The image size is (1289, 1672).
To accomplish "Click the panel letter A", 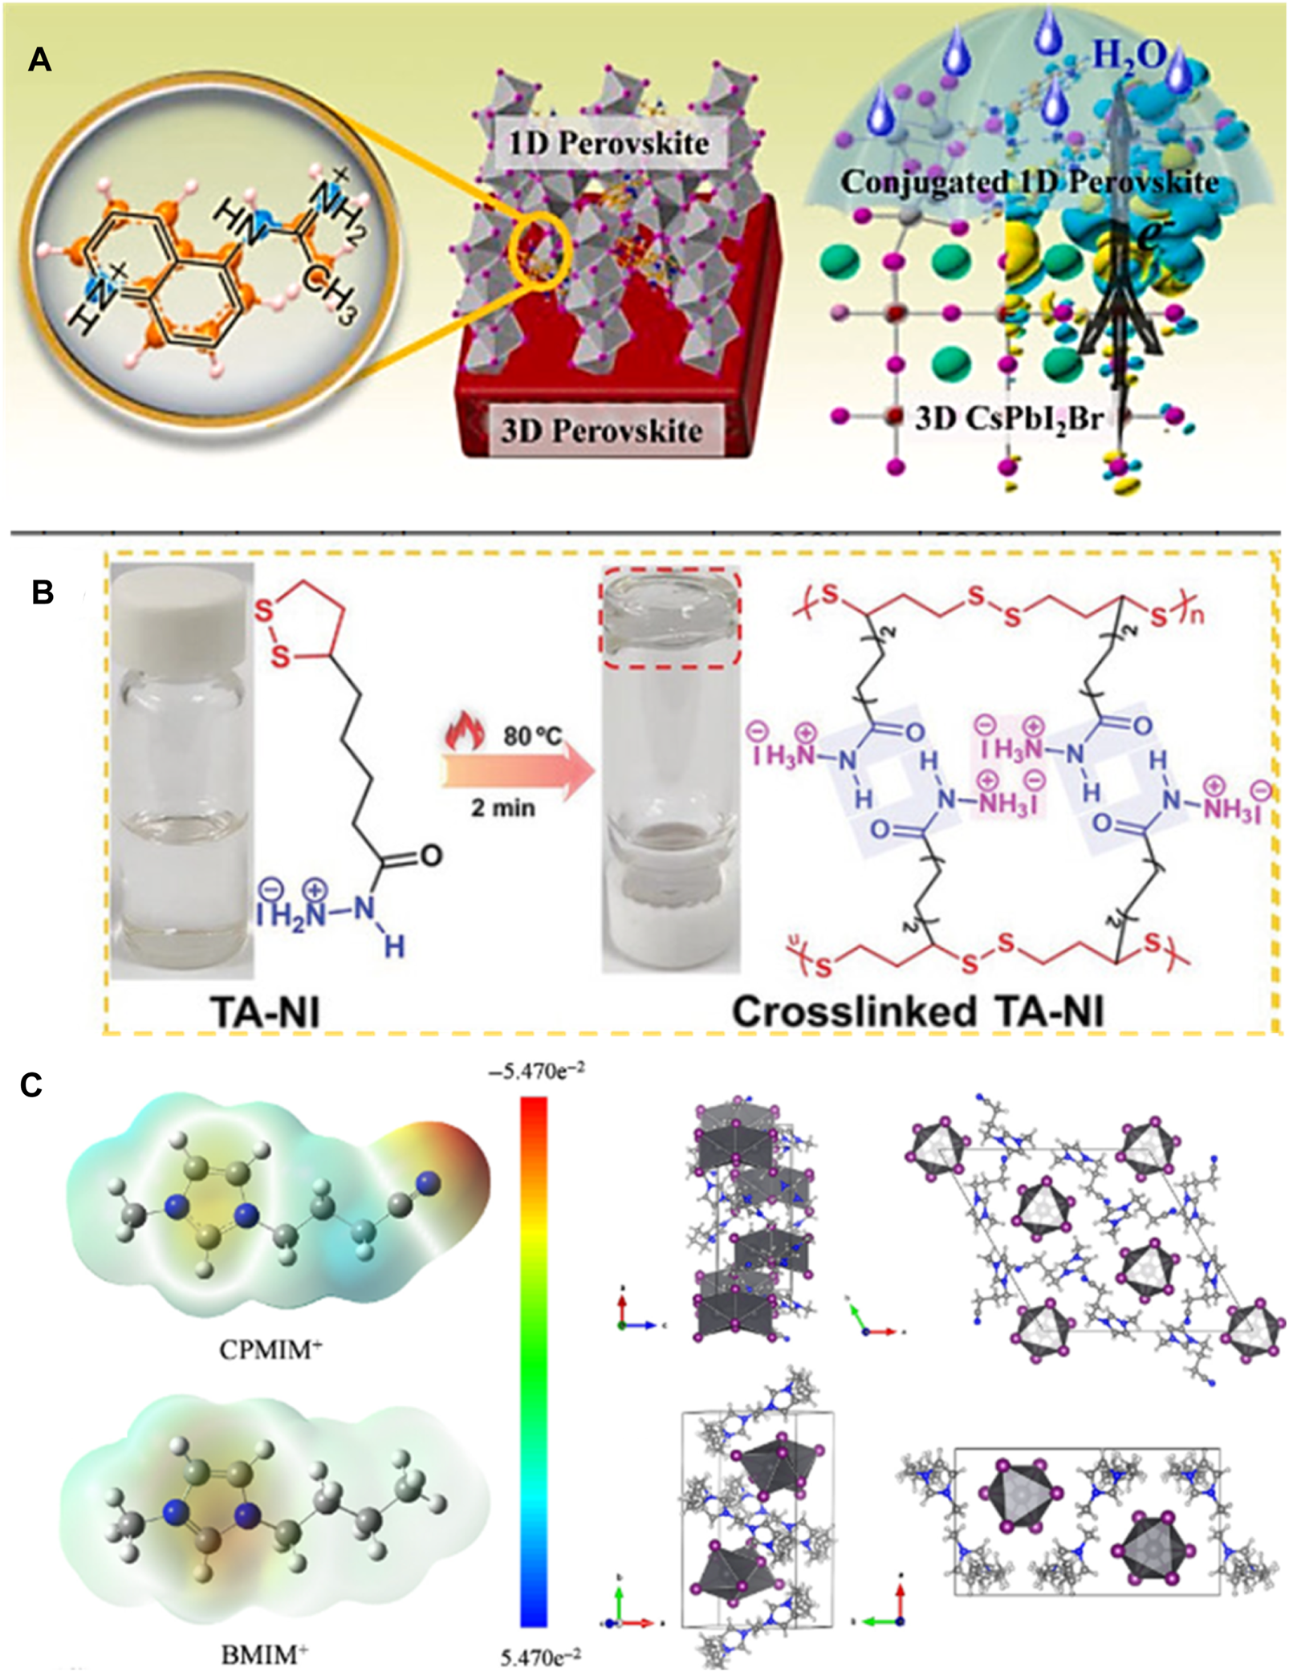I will click(x=39, y=60).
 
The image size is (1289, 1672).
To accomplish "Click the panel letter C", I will click(x=31, y=1085).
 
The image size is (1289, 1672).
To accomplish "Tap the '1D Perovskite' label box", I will click(x=608, y=144).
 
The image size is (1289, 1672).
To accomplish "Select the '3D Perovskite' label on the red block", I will click(x=601, y=431).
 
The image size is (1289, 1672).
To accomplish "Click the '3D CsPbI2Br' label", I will click(x=1009, y=419).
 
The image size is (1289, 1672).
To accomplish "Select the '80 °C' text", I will click(x=533, y=735).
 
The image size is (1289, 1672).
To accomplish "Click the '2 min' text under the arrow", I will click(x=502, y=808).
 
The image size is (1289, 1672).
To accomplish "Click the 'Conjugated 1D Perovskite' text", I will click(x=1029, y=183).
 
